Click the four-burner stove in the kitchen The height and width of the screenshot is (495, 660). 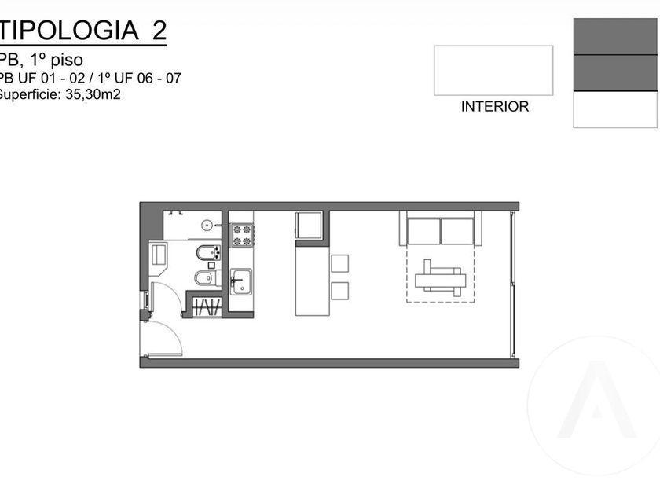coord(242,235)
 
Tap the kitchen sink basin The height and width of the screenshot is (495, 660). coord(242,281)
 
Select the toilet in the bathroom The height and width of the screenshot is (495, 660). coord(205,278)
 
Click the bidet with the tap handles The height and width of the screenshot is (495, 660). coord(208,252)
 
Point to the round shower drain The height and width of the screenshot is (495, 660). coord(207,225)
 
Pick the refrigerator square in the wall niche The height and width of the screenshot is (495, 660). coord(309,225)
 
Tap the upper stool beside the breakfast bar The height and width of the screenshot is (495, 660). coord(339,263)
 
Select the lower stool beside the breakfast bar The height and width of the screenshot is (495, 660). coord(339,291)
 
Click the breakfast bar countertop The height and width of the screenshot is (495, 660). coord(313,280)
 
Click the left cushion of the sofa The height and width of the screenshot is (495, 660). coord(423,231)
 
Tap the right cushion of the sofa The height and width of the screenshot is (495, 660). coord(457,231)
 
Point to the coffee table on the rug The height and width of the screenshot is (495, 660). coord(441,280)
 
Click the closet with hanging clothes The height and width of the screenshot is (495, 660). coord(207,306)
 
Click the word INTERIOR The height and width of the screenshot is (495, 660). coord(495,107)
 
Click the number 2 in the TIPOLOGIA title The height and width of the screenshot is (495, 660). coord(159,31)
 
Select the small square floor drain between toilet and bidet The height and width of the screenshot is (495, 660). coord(211,266)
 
